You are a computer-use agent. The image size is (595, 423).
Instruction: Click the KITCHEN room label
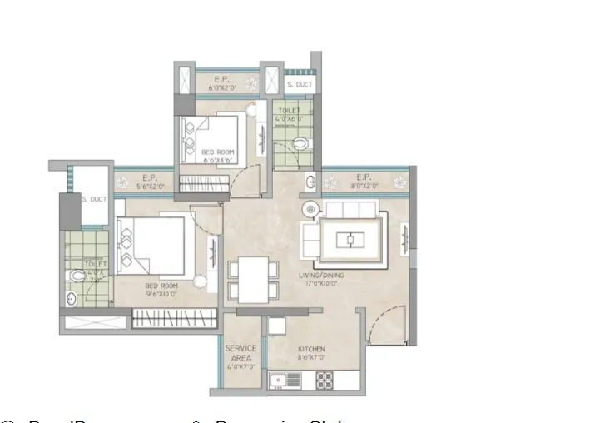pyautogui.click(x=312, y=350)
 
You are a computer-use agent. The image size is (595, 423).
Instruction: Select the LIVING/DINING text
pyautogui.click(x=321, y=275)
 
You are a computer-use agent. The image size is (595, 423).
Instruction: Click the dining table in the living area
pyautogui.click(x=253, y=280)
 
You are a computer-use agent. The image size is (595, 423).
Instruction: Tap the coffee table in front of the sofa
pyautogui.click(x=350, y=241)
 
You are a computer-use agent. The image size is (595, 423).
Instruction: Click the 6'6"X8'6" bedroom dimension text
pyautogui.click(x=217, y=161)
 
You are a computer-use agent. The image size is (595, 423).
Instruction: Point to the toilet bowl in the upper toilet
pyautogui.click(x=300, y=144)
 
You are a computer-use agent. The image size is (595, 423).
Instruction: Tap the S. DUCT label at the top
pyautogui.click(x=298, y=85)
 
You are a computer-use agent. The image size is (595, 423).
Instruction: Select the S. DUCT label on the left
pyautogui.click(x=94, y=200)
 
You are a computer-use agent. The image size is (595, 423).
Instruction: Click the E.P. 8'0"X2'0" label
pyautogui.click(x=364, y=182)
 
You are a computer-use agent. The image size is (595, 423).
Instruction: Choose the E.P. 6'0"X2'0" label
pyautogui.click(x=221, y=83)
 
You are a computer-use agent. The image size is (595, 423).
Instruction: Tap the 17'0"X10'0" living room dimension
pyautogui.click(x=321, y=284)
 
